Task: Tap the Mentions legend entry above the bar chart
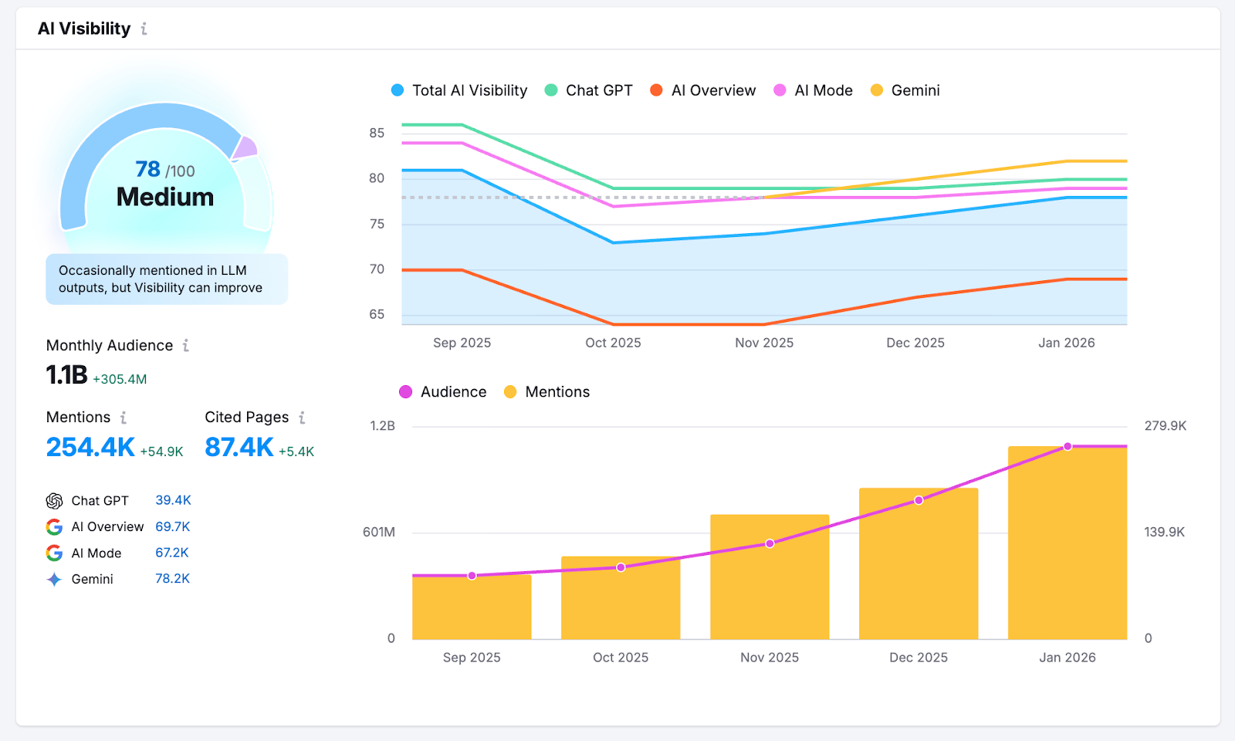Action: (x=546, y=392)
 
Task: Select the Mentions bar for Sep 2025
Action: (x=472, y=610)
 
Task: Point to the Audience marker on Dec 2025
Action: (x=919, y=501)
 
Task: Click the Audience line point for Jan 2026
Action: (x=1068, y=447)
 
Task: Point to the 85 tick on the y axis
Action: (x=377, y=133)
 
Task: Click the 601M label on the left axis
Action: (x=379, y=532)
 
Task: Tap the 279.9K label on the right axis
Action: (x=1165, y=426)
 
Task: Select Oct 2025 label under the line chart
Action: (x=613, y=343)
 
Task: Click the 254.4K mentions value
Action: (x=90, y=447)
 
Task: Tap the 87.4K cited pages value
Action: (x=239, y=447)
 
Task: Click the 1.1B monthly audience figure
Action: (x=66, y=375)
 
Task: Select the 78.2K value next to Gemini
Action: (x=172, y=579)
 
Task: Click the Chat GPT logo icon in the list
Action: (x=54, y=501)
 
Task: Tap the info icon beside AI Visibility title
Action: (x=144, y=29)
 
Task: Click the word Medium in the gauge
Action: (x=165, y=197)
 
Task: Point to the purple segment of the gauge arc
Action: (x=245, y=147)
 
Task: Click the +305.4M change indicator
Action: (x=120, y=379)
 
